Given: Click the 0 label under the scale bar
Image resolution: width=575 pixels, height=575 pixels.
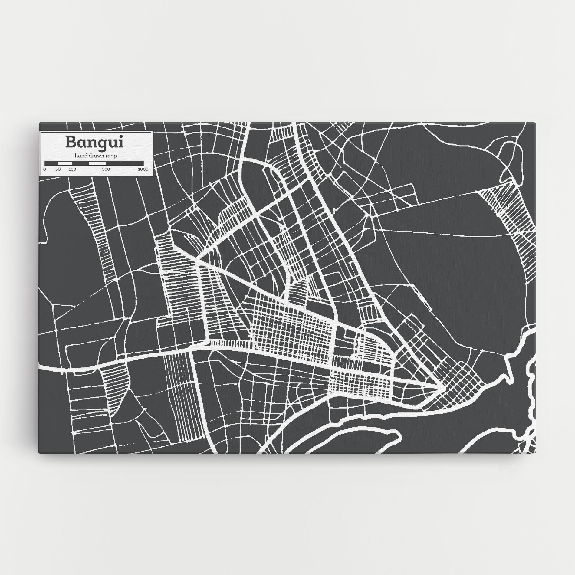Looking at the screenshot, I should [44, 169].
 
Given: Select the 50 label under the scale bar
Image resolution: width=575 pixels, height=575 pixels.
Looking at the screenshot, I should [58, 169].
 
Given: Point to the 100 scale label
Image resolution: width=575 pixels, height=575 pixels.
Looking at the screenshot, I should [72, 169].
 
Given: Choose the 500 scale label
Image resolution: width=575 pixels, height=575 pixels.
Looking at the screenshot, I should [106, 169].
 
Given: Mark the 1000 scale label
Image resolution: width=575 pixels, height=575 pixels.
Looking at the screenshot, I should [143, 169].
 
